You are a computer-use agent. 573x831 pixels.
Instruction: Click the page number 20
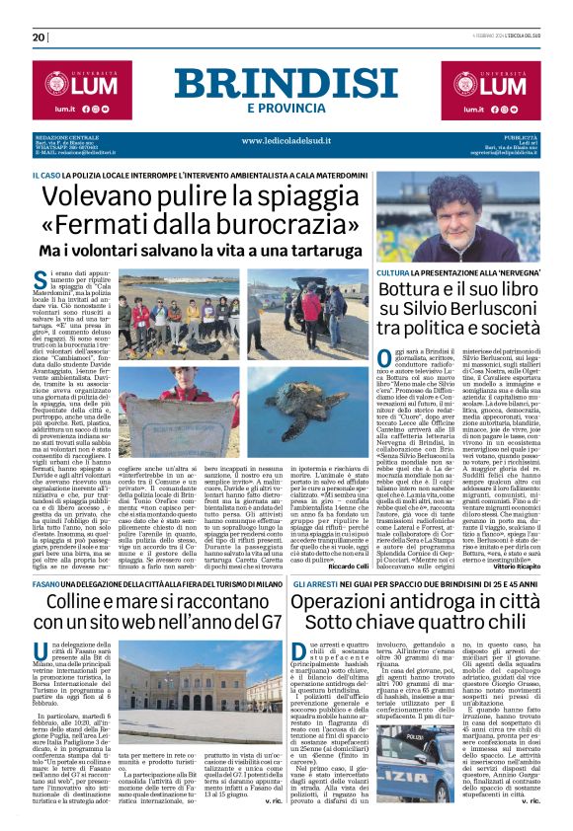coord(39,37)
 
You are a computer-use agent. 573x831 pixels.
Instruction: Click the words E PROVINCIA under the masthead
coord(286,107)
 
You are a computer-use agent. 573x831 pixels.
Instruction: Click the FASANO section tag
coord(48,558)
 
